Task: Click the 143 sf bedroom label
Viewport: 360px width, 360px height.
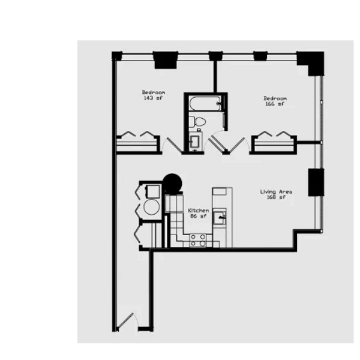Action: click(x=154, y=95)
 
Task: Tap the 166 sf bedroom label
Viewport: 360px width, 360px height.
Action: click(x=275, y=101)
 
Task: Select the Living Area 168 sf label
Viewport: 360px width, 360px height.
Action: click(x=276, y=194)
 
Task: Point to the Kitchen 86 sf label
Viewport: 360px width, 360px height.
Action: click(x=198, y=214)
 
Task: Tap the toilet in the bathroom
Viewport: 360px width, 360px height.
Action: click(x=198, y=122)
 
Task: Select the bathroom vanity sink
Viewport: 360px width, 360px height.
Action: click(x=196, y=142)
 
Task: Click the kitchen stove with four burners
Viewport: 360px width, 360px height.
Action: click(x=198, y=240)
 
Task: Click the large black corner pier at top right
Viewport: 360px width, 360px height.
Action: click(x=310, y=63)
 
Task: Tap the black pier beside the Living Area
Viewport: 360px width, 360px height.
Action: click(x=316, y=182)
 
